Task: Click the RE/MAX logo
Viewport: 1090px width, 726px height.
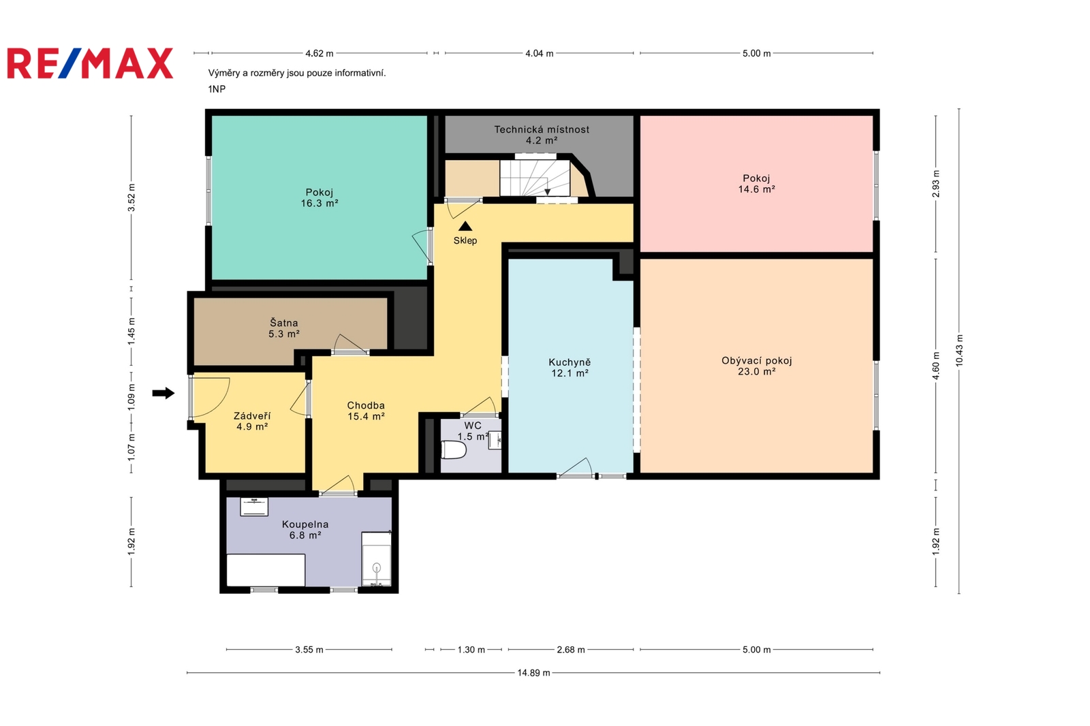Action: point(90,63)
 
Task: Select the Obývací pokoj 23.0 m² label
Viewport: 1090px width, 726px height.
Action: point(757,366)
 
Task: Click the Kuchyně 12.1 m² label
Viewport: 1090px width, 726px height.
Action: point(570,368)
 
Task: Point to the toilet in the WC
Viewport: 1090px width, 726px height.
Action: point(454,450)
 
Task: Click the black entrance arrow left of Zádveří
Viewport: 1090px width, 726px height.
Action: point(163,393)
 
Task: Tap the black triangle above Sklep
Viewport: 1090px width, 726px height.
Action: point(465,226)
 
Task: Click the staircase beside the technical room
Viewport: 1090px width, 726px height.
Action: point(535,178)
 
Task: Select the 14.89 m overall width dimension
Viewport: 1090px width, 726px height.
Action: point(534,673)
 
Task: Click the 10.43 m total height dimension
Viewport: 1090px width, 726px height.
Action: point(959,351)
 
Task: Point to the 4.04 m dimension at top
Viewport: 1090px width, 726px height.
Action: point(539,53)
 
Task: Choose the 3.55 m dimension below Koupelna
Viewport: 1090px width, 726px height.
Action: point(309,650)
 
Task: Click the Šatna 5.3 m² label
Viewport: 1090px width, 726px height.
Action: point(284,328)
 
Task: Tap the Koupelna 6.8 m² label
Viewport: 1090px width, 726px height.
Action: point(305,530)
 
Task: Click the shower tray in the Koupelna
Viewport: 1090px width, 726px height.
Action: point(376,559)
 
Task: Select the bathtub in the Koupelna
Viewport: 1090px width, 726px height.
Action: point(266,570)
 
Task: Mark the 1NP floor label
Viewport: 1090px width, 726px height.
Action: point(217,89)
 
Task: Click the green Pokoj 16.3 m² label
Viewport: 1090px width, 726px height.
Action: point(320,198)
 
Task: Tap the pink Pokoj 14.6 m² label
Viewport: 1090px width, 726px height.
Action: point(757,184)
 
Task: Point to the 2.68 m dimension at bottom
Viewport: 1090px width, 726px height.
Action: point(571,650)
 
